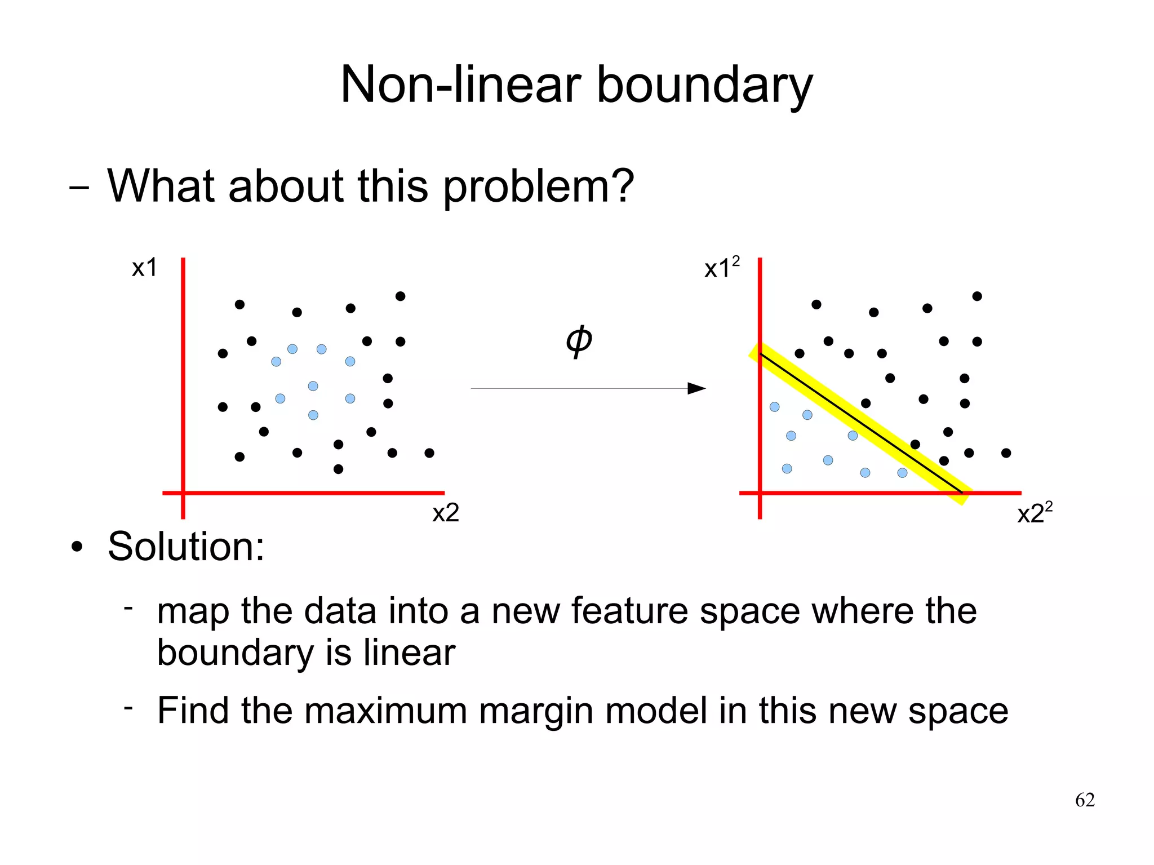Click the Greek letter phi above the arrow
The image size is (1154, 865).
(x=579, y=340)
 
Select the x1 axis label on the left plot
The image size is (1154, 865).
(x=144, y=268)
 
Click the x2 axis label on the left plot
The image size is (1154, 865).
(x=446, y=513)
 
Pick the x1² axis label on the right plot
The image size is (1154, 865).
(x=721, y=268)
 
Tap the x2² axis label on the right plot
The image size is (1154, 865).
(x=1035, y=513)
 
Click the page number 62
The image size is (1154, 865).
(x=1085, y=800)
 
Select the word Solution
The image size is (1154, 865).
(x=186, y=547)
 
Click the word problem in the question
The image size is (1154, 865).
(x=538, y=187)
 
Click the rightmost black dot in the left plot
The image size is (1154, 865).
(x=429, y=453)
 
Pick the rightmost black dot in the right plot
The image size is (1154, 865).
(x=1006, y=453)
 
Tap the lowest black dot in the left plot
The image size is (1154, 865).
(x=338, y=469)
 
